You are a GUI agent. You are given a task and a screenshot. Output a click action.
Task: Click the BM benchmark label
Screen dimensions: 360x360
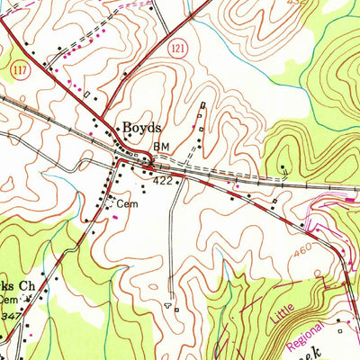pyautogui.click(x=161, y=147)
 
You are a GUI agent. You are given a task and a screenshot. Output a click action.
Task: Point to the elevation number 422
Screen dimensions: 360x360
pyautogui.click(x=163, y=180)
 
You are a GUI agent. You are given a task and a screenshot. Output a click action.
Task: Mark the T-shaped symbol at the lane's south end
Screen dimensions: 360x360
pyautogui.click(x=167, y=305)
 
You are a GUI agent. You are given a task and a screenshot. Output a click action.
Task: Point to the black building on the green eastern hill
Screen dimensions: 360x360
pyautogui.click(x=283, y=168)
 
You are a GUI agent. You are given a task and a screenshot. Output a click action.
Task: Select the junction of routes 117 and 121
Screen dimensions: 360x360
pyautogui.click(x=123, y=160)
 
